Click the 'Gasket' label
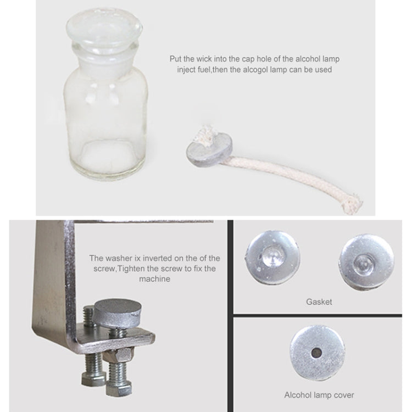[x=319, y=302]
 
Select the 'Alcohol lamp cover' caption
[x=319, y=394]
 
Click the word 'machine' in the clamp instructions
[x=155, y=279]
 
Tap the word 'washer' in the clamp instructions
[x=122, y=258]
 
